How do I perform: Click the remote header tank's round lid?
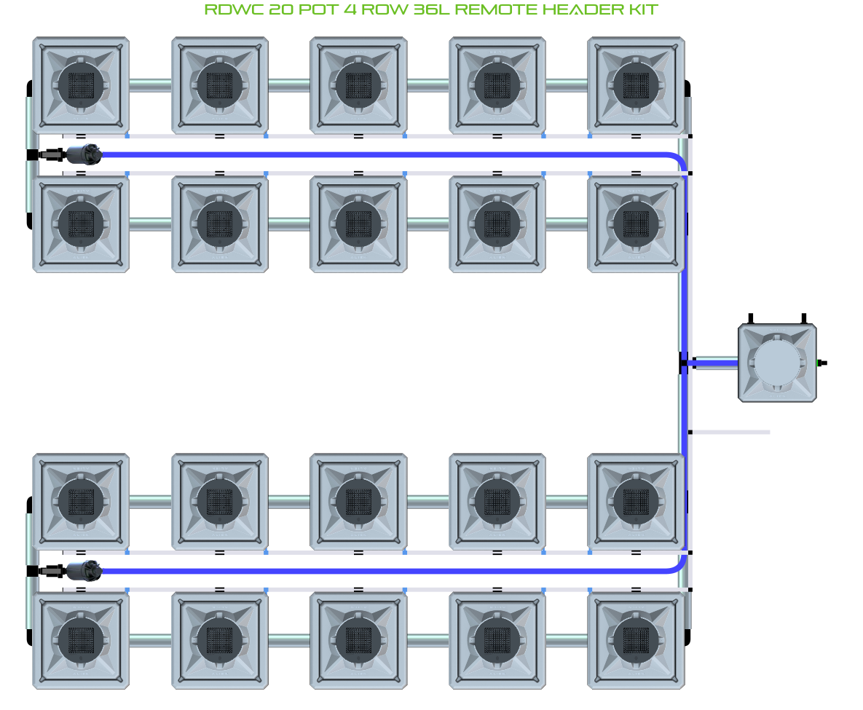click(776, 363)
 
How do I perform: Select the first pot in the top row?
click(81, 84)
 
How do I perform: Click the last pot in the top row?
click(636, 84)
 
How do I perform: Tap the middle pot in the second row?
click(358, 224)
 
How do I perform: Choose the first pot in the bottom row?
click(81, 640)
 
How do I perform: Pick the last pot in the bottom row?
click(636, 640)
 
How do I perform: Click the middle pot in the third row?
click(358, 501)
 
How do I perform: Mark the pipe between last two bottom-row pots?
click(567, 640)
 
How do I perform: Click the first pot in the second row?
click(81, 224)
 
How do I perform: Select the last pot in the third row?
click(636, 501)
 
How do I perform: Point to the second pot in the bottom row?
click(220, 640)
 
